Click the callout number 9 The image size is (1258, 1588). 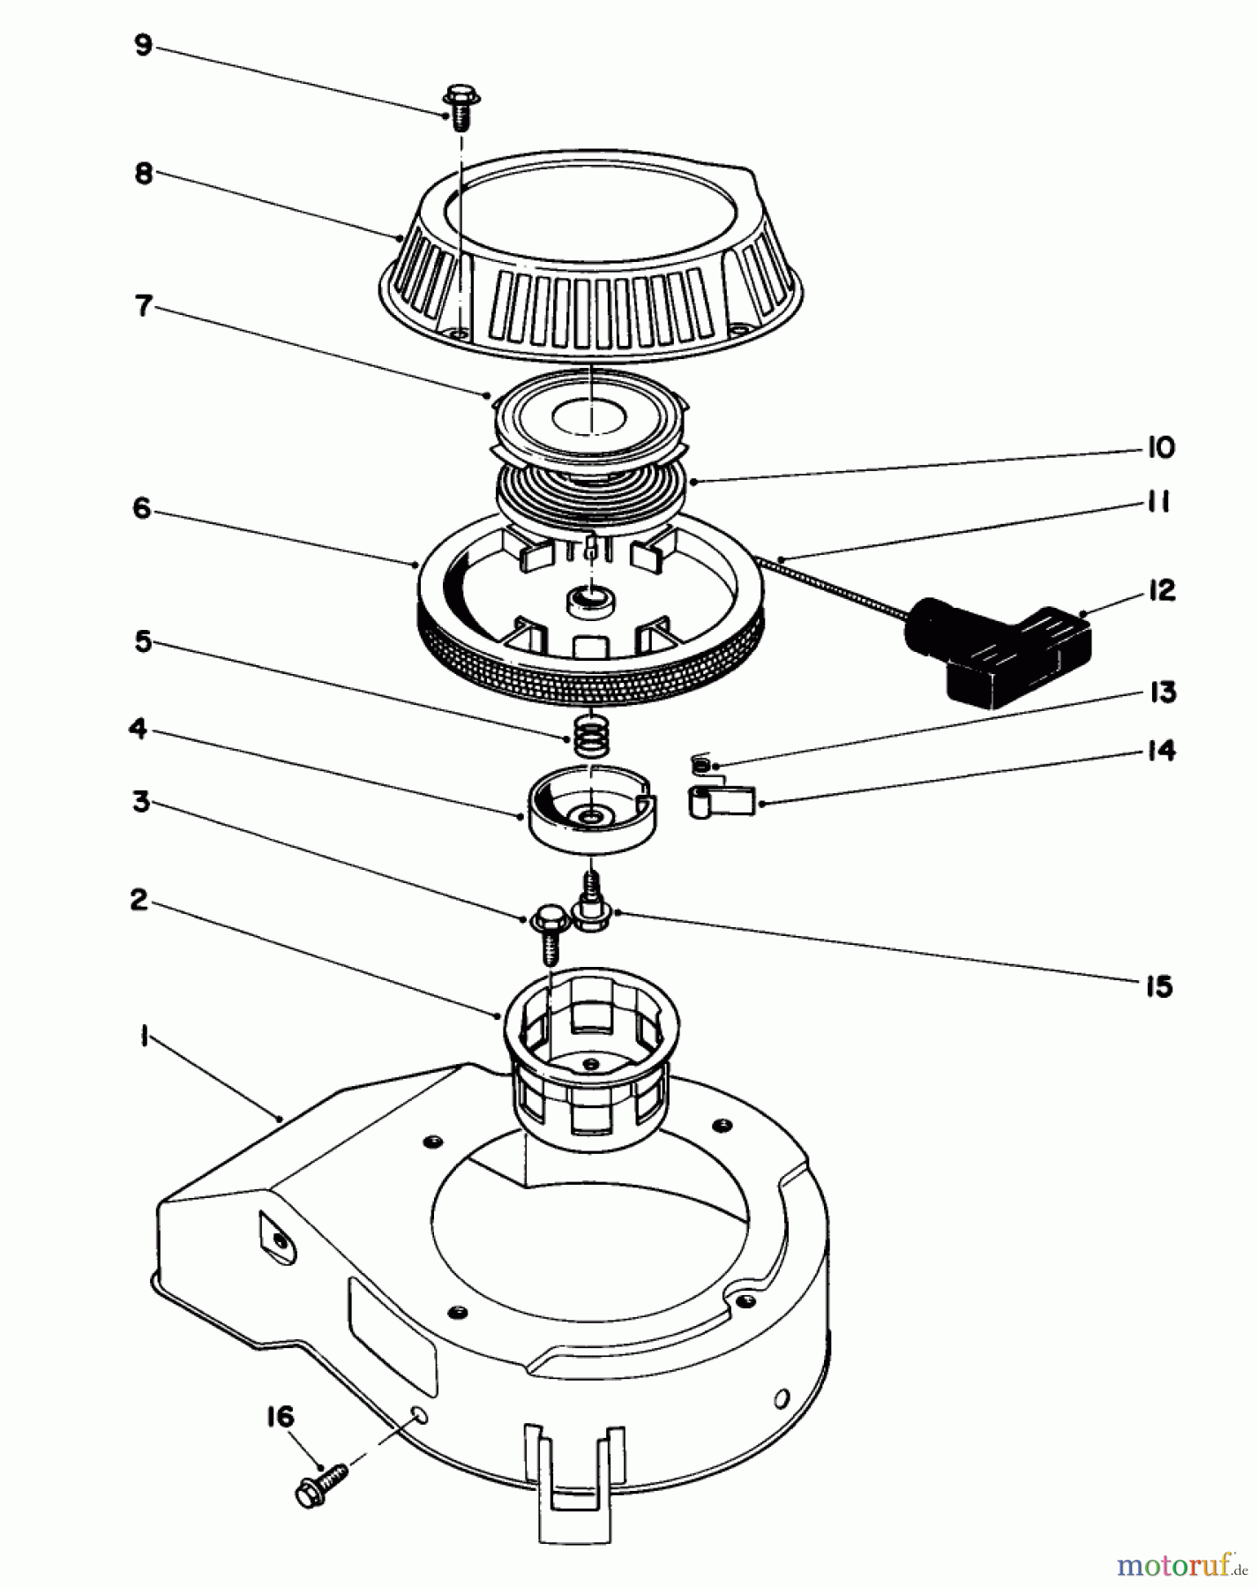tap(143, 45)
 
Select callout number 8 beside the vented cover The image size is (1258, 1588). tap(143, 173)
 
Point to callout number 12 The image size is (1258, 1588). tap(1162, 590)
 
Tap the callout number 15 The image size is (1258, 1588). tap(1159, 985)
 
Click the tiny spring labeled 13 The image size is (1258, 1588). tap(700, 763)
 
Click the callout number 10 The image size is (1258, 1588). tap(1161, 447)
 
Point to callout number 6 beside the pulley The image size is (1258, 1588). tap(142, 509)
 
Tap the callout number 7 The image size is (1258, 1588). tap(142, 306)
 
